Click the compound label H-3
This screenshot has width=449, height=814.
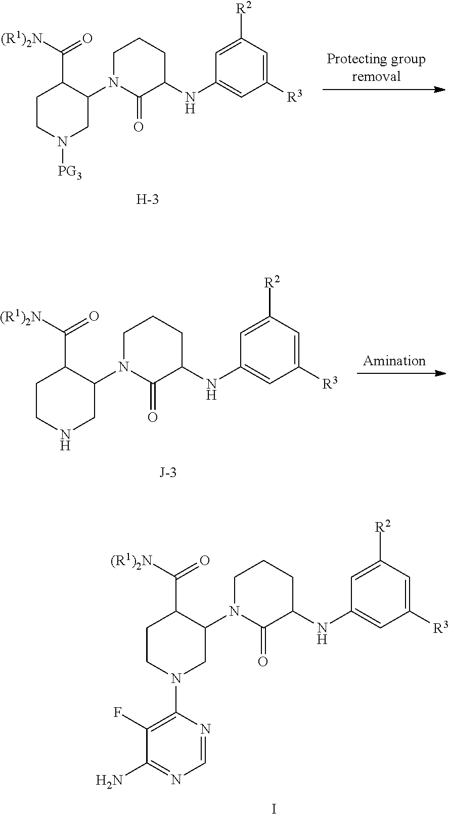(x=147, y=199)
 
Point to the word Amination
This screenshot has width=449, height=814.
(x=394, y=360)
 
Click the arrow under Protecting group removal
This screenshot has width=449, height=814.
(x=383, y=90)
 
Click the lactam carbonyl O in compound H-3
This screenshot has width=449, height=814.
(x=138, y=125)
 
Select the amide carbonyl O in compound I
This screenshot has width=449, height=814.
(x=205, y=560)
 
